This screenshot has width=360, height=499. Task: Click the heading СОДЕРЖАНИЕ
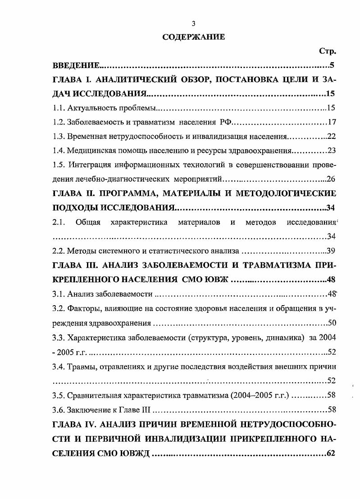193,37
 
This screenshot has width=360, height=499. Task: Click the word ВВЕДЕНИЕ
76,66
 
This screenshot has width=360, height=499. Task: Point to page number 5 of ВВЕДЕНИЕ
332,66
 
